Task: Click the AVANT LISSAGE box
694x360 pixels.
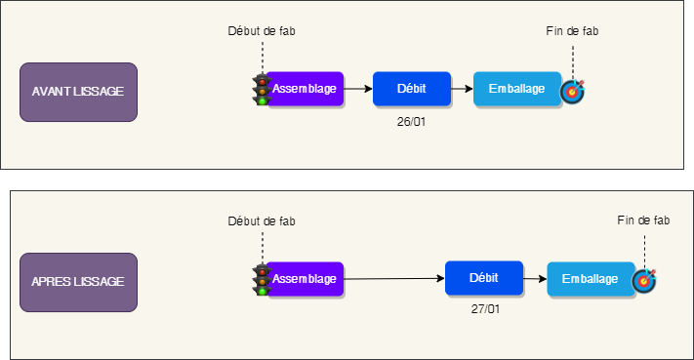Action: point(79,92)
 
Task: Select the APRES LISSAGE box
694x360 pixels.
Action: point(79,281)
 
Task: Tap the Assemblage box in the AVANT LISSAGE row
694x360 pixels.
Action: point(306,89)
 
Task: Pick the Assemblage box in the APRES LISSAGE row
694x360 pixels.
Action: point(306,279)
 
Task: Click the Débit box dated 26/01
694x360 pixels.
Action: point(411,89)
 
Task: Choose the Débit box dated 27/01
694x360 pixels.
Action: point(483,278)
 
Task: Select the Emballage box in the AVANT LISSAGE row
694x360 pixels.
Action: point(516,89)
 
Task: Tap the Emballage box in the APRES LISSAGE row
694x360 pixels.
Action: point(590,279)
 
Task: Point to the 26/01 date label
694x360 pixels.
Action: point(411,122)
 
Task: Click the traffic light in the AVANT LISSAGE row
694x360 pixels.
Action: point(262,89)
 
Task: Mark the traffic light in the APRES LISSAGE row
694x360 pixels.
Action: point(262,279)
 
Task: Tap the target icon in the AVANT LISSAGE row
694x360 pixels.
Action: point(572,92)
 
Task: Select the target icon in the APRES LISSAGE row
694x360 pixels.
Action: point(644,281)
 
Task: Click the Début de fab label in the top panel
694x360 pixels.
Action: point(262,31)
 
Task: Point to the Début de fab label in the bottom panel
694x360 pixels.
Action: point(262,221)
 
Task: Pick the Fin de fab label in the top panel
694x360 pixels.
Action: point(572,31)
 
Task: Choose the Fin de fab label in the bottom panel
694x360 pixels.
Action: point(644,221)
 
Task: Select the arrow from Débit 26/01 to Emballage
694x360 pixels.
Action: point(462,89)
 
